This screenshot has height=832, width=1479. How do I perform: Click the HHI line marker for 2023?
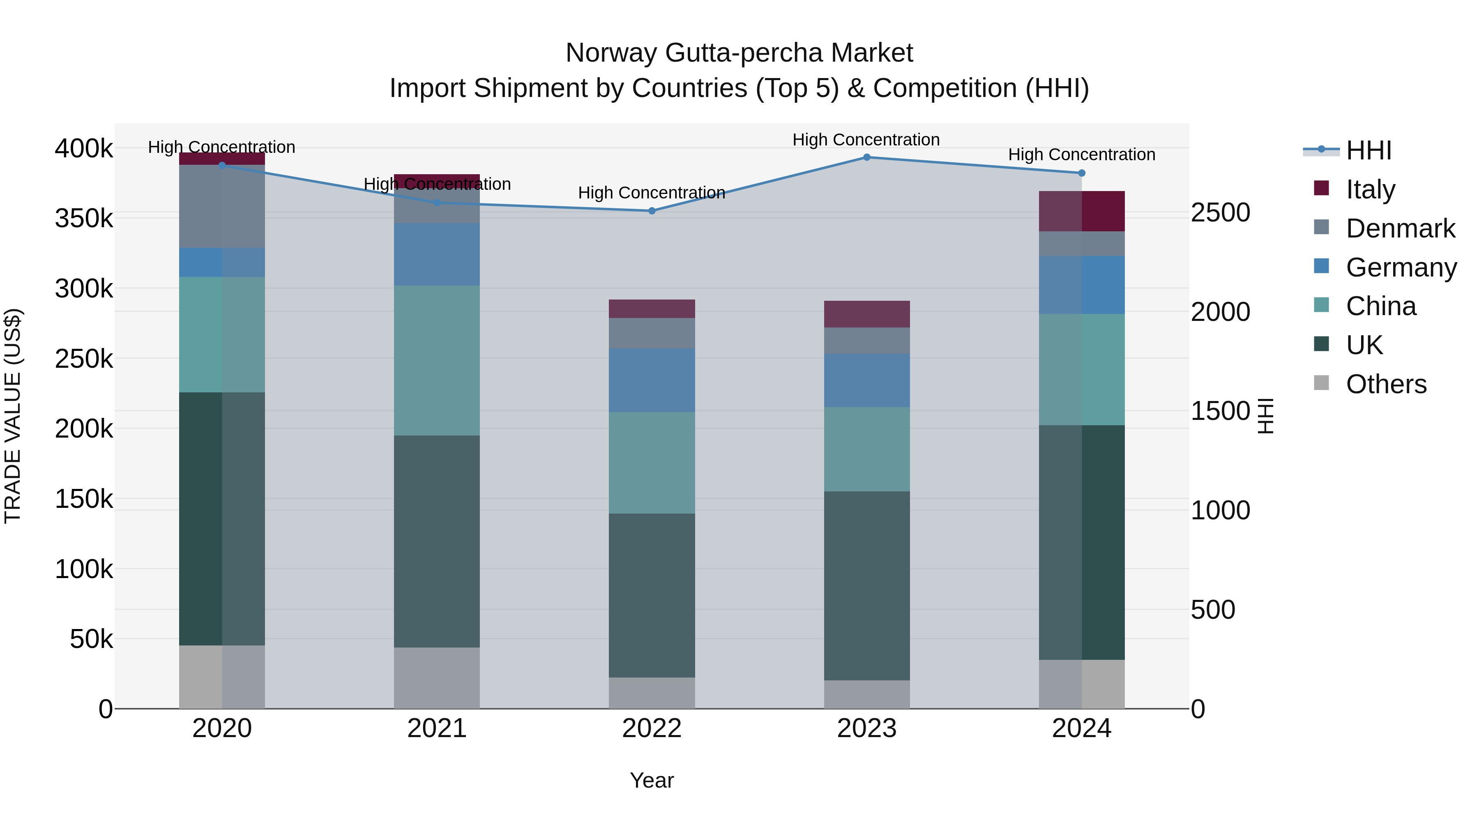tap(866, 157)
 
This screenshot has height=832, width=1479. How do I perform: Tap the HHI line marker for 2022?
tap(652, 211)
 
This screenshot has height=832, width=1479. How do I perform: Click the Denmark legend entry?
tap(1400, 228)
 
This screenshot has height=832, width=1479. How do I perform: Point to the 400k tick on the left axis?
tap(84, 149)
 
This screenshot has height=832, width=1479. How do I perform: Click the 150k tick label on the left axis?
tap(84, 499)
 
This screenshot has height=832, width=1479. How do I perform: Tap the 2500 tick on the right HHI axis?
tap(1220, 213)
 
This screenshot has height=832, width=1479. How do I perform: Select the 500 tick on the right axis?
tap(1213, 610)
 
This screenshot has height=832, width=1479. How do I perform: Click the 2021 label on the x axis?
tap(437, 728)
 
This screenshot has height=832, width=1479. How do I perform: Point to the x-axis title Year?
tap(652, 780)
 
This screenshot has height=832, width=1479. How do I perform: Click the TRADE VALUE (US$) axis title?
tap(13, 416)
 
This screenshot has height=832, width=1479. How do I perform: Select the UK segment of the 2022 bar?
tap(652, 595)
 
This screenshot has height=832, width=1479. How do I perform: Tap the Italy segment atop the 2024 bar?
tap(1082, 211)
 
